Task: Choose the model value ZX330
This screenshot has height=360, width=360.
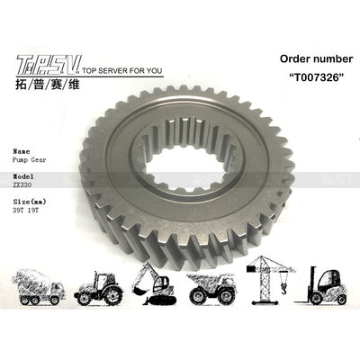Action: coord(24,185)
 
